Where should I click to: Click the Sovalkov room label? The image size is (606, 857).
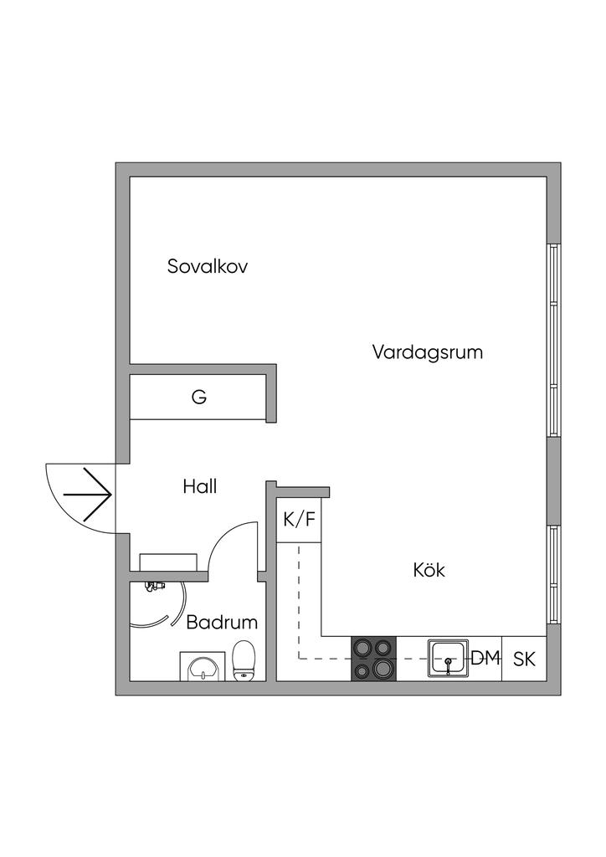[208, 267]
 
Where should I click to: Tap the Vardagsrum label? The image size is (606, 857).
[428, 352]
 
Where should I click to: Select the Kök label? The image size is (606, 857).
[429, 571]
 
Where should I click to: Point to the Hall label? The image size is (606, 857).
[200, 486]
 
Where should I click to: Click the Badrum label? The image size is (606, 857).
[222, 623]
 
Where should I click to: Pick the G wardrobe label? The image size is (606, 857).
[198, 397]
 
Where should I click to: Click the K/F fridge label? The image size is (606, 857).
[299, 520]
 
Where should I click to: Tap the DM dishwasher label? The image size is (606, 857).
[485, 659]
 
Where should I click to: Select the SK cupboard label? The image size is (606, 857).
[524, 659]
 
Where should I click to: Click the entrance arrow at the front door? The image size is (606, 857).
[88, 494]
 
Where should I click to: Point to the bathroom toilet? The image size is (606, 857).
[244, 660]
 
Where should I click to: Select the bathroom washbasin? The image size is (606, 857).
[203, 667]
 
